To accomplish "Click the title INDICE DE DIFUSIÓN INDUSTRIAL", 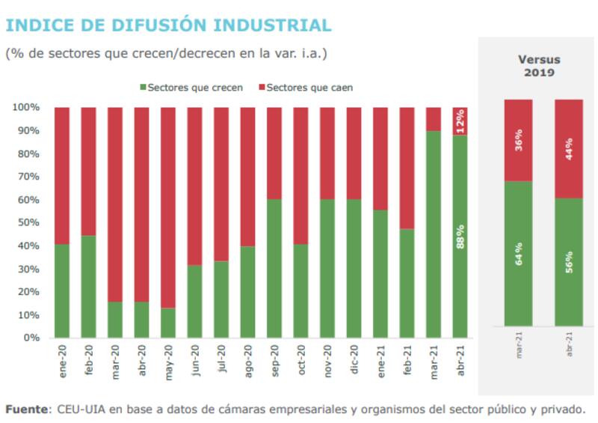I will [x=168, y=25].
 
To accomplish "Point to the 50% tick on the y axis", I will [x=29, y=222].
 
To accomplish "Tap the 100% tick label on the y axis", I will [x=26, y=107].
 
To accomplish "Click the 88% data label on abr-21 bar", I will [x=460, y=237].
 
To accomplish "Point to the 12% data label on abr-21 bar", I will [x=460, y=121].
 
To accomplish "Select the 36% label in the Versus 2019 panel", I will [x=518, y=140].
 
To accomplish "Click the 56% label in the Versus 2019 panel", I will [x=569, y=262].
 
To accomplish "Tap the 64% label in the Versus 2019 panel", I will [x=518, y=255].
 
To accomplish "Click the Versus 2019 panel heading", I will [x=539, y=66].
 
